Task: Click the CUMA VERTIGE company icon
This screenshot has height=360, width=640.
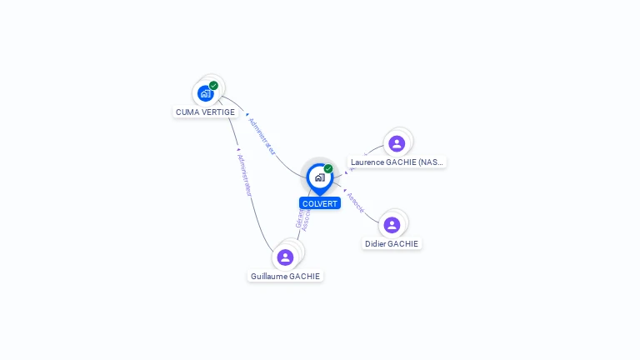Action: (206, 93)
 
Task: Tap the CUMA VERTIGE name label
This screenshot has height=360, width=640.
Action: (205, 112)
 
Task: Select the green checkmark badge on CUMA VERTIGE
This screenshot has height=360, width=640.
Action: (214, 85)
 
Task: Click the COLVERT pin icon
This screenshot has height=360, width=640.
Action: (319, 177)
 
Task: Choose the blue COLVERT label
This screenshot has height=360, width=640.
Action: (320, 203)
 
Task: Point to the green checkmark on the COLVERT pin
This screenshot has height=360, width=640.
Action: (328, 168)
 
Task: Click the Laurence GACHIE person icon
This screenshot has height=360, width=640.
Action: (397, 143)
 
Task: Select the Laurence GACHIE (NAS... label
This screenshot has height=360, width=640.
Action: (397, 162)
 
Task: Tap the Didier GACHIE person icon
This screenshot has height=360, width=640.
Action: (392, 225)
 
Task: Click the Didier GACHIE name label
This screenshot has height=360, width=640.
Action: (392, 244)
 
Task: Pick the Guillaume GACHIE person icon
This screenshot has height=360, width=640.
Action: (286, 257)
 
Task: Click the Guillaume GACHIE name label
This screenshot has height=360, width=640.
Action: (285, 276)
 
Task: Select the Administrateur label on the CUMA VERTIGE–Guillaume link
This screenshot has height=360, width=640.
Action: (244, 174)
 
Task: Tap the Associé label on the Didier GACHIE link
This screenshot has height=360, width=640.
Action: (355, 202)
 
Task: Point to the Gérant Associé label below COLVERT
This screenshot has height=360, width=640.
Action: (303, 216)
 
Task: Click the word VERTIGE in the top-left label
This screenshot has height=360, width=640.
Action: (217, 112)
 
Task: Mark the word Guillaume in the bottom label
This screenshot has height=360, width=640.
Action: (268, 276)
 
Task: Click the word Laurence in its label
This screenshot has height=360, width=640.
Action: (367, 162)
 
